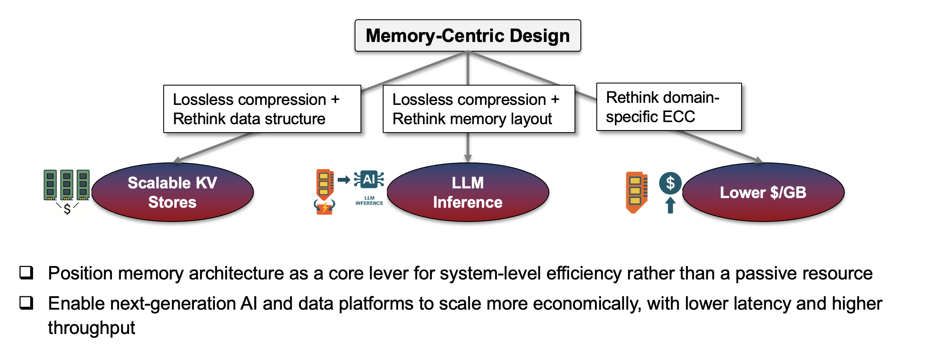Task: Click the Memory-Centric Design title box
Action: click(467, 36)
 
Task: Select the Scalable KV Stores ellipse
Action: click(172, 192)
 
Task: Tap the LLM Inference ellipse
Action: click(467, 192)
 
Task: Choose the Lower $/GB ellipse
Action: click(763, 192)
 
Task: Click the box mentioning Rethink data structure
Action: click(262, 109)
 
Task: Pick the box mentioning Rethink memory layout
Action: click(478, 109)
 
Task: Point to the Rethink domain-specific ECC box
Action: click(669, 107)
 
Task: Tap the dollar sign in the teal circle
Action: click(670, 183)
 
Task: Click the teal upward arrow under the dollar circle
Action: click(670, 205)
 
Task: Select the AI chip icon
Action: click(369, 180)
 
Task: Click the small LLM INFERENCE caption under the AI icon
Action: click(369, 201)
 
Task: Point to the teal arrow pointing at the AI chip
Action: click(344, 180)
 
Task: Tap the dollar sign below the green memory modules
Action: click(67, 209)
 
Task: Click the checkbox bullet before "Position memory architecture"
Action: click(26, 273)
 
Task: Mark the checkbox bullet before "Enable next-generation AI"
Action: click(26, 303)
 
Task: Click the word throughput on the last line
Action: click(91, 328)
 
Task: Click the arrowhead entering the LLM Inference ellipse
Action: click(467, 159)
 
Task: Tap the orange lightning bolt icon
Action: click(324, 207)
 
